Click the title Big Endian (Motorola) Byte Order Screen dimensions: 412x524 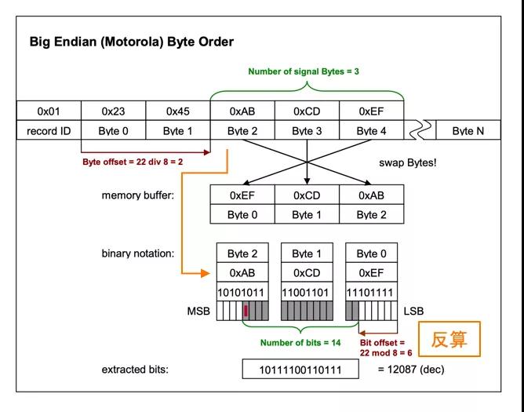point(132,41)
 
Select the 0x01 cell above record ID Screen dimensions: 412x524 point(49,111)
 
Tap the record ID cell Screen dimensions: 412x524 point(49,131)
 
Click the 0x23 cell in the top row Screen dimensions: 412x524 point(113,111)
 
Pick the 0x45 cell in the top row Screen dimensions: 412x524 point(177,111)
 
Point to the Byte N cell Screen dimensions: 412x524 point(468,131)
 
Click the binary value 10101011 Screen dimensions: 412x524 point(242,292)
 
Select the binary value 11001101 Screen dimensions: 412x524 point(306,292)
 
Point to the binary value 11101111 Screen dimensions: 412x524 point(370,292)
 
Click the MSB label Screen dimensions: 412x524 point(197,312)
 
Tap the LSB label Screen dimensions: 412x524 point(413,312)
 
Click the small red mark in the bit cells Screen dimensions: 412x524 point(246,312)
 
